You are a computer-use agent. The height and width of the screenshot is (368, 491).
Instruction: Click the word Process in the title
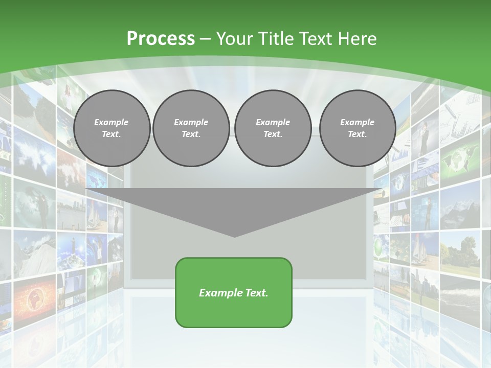point(161,39)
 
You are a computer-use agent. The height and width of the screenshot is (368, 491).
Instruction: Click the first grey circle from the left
point(111,128)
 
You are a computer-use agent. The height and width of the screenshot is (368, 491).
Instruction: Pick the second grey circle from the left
point(191,128)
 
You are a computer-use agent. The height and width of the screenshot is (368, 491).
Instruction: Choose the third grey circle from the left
point(273,128)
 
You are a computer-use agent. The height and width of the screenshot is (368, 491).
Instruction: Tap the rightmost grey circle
point(357,128)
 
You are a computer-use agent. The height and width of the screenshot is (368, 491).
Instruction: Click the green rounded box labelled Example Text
point(234,292)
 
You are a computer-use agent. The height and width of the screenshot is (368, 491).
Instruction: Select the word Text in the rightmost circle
point(357,134)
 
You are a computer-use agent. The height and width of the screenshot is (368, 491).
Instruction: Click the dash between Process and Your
point(205,39)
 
